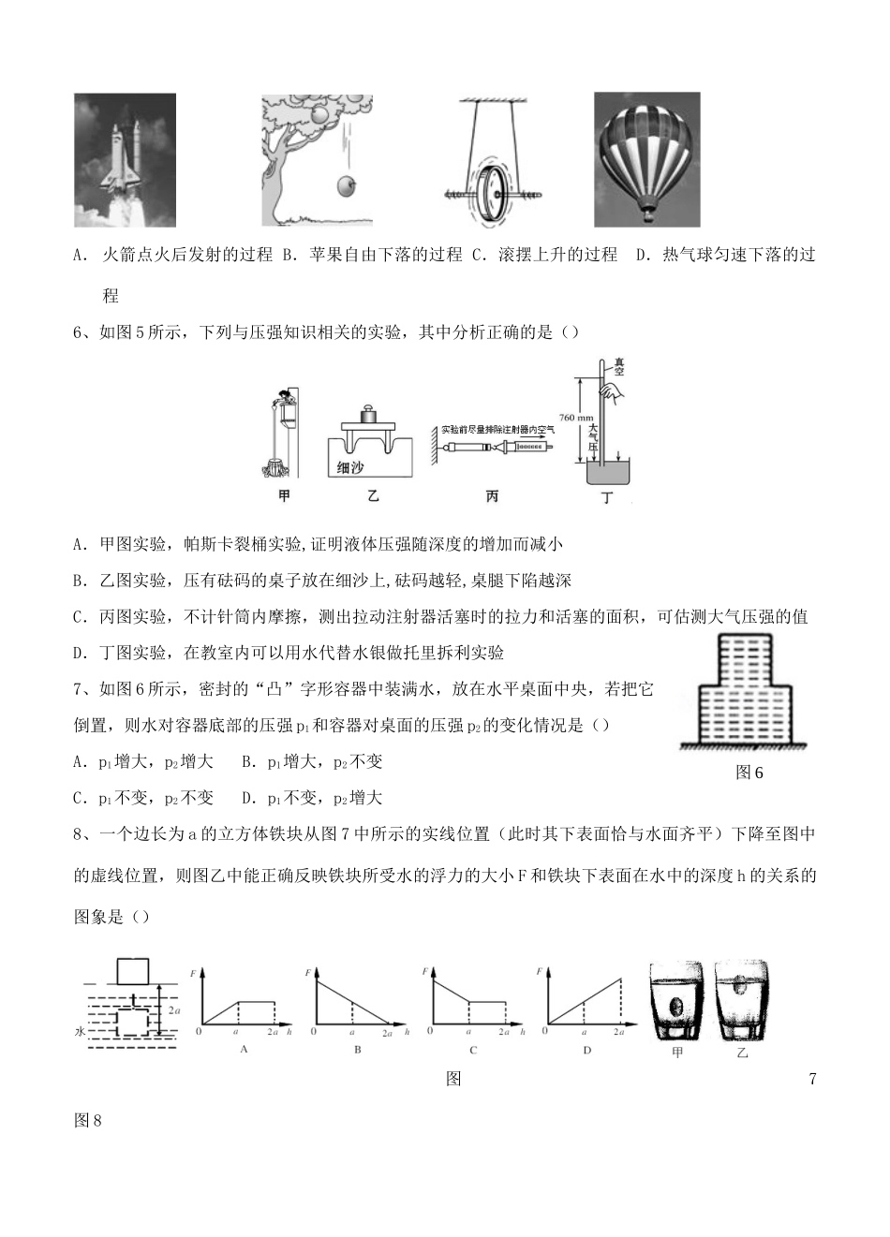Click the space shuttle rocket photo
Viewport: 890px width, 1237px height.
(x=126, y=159)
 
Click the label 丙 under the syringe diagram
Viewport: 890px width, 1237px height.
(x=493, y=496)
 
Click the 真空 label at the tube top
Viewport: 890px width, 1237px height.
(x=618, y=366)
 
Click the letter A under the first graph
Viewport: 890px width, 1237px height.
(x=245, y=1050)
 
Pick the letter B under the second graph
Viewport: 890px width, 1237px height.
(x=358, y=1050)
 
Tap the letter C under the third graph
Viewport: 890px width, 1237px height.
(x=473, y=1050)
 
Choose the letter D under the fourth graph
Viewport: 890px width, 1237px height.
(x=587, y=1050)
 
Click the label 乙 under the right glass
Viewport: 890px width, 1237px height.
(x=743, y=1053)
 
